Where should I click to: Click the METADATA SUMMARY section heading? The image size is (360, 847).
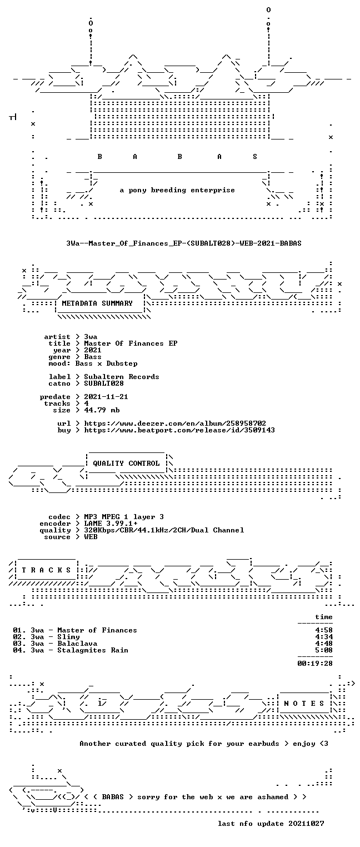(x=97, y=303)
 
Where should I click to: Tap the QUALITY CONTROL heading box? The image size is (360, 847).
(x=126, y=463)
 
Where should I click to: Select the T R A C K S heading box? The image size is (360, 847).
(x=46, y=570)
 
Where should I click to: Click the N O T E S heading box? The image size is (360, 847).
(x=304, y=703)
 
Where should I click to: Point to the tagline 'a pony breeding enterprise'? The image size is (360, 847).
(x=177, y=190)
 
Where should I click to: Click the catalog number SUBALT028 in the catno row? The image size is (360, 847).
(x=104, y=383)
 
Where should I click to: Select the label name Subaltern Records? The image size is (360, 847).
(x=121, y=377)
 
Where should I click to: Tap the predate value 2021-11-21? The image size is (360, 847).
(x=106, y=397)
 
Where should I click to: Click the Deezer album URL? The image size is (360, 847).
(x=174, y=423)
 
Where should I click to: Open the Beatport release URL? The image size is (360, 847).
(x=179, y=430)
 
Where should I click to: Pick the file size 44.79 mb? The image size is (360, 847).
(x=102, y=410)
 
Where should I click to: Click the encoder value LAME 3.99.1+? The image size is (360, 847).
(x=111, y=524)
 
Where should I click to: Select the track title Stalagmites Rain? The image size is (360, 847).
(x=93, y=650)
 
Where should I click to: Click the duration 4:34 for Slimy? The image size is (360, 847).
(x=324, y=637)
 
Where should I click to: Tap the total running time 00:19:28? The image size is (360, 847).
(x=315, y=663)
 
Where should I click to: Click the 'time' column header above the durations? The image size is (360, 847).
(x=324, y=617)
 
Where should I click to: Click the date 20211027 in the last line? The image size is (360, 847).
(x=306, y=823)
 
